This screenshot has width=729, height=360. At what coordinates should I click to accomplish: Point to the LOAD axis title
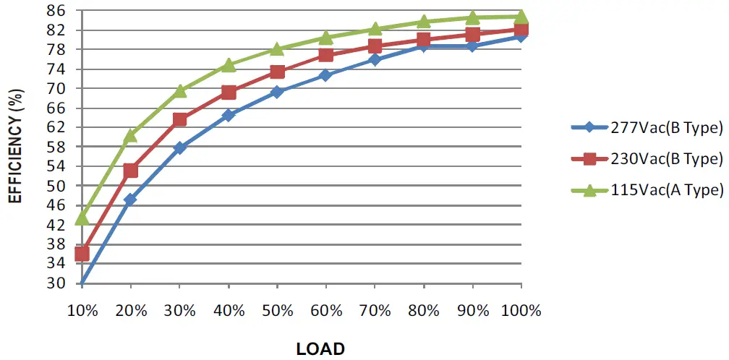(320, 348)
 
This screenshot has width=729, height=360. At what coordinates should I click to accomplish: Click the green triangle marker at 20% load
(130, 135)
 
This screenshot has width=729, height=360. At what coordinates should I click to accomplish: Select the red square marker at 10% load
(82, 254)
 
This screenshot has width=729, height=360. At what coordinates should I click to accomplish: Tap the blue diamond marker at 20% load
(130, 200)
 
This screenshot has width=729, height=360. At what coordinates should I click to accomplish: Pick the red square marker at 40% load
(229, 93)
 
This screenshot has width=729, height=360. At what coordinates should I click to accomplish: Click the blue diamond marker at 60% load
(325, 75)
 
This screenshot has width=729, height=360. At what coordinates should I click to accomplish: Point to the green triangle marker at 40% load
(229, 65)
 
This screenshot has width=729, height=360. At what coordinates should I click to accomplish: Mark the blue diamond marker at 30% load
(179, 147)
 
